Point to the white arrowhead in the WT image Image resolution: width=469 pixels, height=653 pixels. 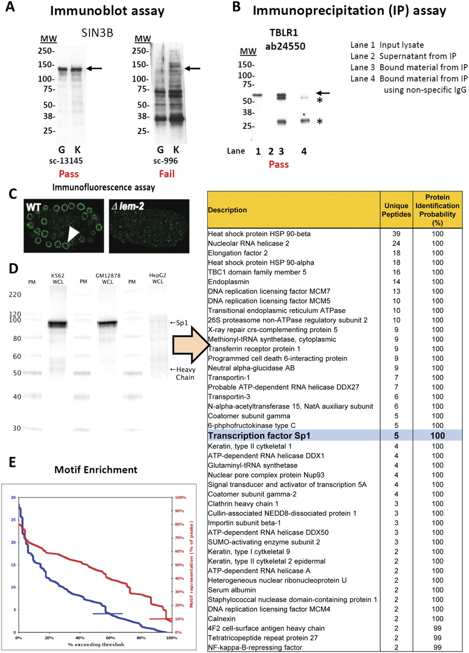click(x=73, y=234)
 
